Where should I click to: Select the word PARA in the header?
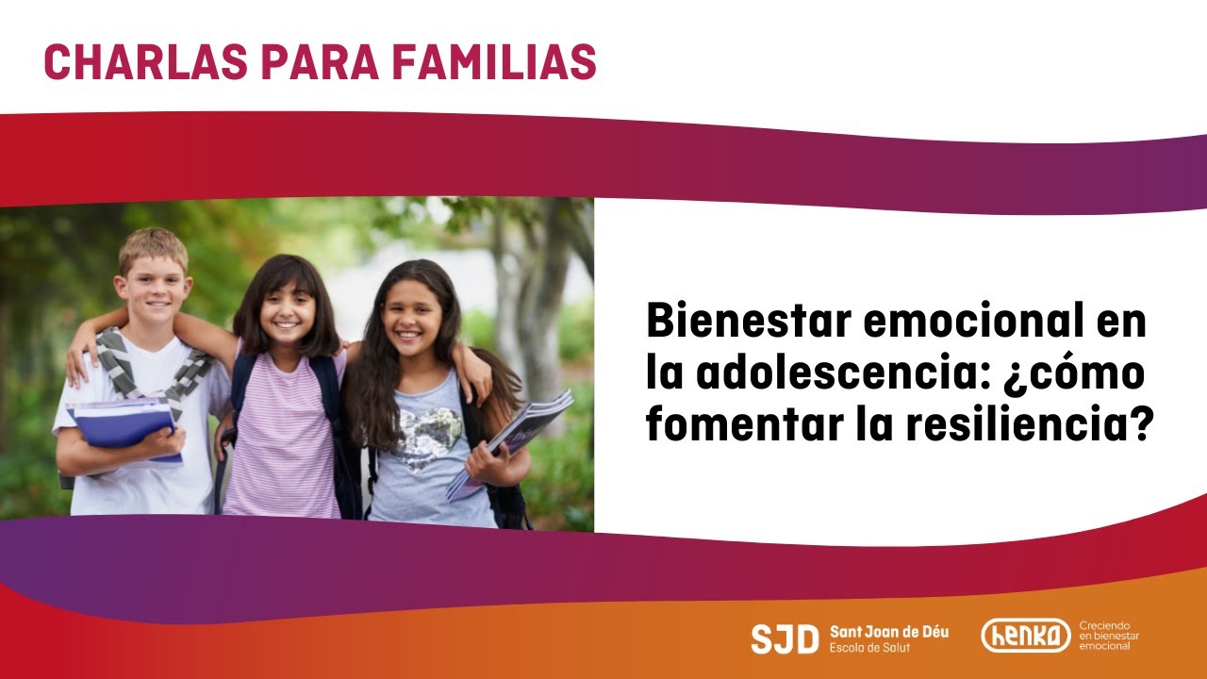(x=320, y=61)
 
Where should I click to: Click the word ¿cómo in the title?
(x=1074, y=373)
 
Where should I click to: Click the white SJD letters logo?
(x=785, y=639)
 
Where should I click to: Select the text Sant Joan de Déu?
(x=889, y=632)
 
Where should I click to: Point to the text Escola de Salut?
(x=869, y=647)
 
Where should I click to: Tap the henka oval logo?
(x=1026, y=636)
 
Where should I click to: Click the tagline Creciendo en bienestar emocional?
(x=1109, y=636)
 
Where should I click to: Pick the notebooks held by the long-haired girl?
(x=509, y=442)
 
